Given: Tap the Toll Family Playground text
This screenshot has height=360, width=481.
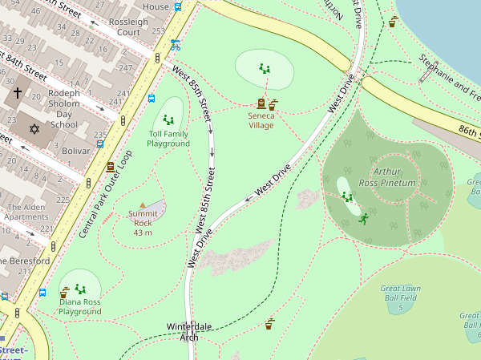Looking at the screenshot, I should (x=168, y=138).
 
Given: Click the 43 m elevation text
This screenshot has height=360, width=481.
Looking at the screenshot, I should (x=143, y=233).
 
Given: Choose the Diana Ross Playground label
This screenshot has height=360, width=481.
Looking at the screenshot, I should (x=79, y=306).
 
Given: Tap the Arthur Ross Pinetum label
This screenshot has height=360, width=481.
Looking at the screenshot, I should (x=392, y=177).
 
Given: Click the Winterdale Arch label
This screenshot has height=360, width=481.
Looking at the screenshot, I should (x=188, y=332).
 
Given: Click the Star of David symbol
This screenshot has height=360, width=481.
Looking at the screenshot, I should (x=34, y=129).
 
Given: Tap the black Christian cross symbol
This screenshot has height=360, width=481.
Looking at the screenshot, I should (x=18, y=94).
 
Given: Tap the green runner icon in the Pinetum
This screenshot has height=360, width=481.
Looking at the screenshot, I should (x=363, y=218).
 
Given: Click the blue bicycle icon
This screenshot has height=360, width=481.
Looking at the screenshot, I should (x=174, y=45).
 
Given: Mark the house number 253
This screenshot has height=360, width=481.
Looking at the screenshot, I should (x=158, y=31).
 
